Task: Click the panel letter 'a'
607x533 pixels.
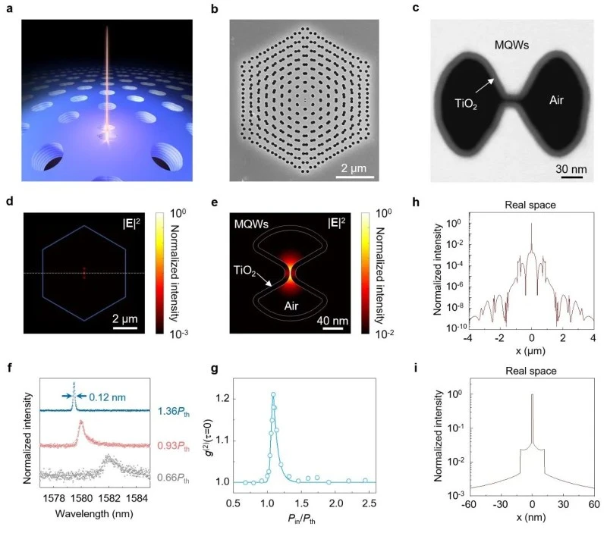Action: coord(10,8)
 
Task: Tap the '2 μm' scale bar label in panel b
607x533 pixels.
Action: coord(354,168)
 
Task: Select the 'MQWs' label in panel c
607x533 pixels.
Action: coord(511,45)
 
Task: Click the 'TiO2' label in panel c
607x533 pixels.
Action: coord(465,104)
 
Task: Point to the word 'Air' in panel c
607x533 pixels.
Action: coord(556,101)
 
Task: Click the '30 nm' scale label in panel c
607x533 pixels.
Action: coord(571,169)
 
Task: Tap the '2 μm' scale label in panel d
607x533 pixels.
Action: coord(125,319)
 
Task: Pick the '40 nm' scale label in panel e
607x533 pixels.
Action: coord(332,321)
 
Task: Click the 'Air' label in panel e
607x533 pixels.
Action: coord(291,306)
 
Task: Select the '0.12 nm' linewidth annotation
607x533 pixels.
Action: coord(107,397)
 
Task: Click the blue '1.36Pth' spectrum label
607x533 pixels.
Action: coord(174,411)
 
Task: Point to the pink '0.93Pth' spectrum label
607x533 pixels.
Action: coord(174,446)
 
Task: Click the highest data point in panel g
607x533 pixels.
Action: coord(273,394)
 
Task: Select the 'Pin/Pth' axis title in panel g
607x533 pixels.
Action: coord(301,519)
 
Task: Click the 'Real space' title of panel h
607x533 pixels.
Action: coord(530,205)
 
